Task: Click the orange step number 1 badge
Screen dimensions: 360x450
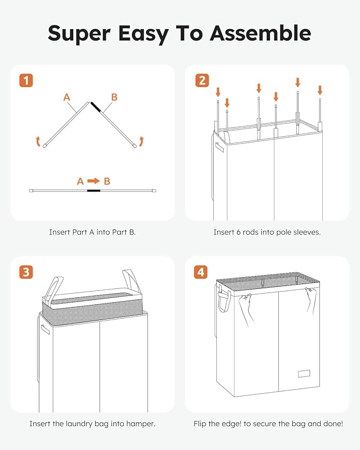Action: click(x=26, y=81)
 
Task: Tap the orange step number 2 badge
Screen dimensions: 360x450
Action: click(x=202, y=81)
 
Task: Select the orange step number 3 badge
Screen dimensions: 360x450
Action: click(x=26, y=272)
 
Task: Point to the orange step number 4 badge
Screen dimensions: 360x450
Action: click(x=200, y=272)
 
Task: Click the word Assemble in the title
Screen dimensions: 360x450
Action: click(x=260, y=33)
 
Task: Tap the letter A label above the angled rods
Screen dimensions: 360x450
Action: click(x=67, y=98)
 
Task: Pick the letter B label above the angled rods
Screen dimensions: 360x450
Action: click(x=115, y=98)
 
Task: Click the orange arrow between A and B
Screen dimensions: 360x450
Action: click(x=94, y=181)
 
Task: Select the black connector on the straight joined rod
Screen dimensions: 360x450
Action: click(x=94, y=191)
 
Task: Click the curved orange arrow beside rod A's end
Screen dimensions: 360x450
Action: click(x=38, y=142)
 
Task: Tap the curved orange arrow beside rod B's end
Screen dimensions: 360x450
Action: click(x=141, y=142)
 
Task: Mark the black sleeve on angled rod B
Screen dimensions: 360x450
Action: click(x=96, y=107)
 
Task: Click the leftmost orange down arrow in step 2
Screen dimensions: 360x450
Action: click(x=218, y=92)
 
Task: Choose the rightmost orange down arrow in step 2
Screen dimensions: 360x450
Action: click(x=320, y=90)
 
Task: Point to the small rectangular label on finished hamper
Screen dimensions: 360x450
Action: click(x=304, y=374)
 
